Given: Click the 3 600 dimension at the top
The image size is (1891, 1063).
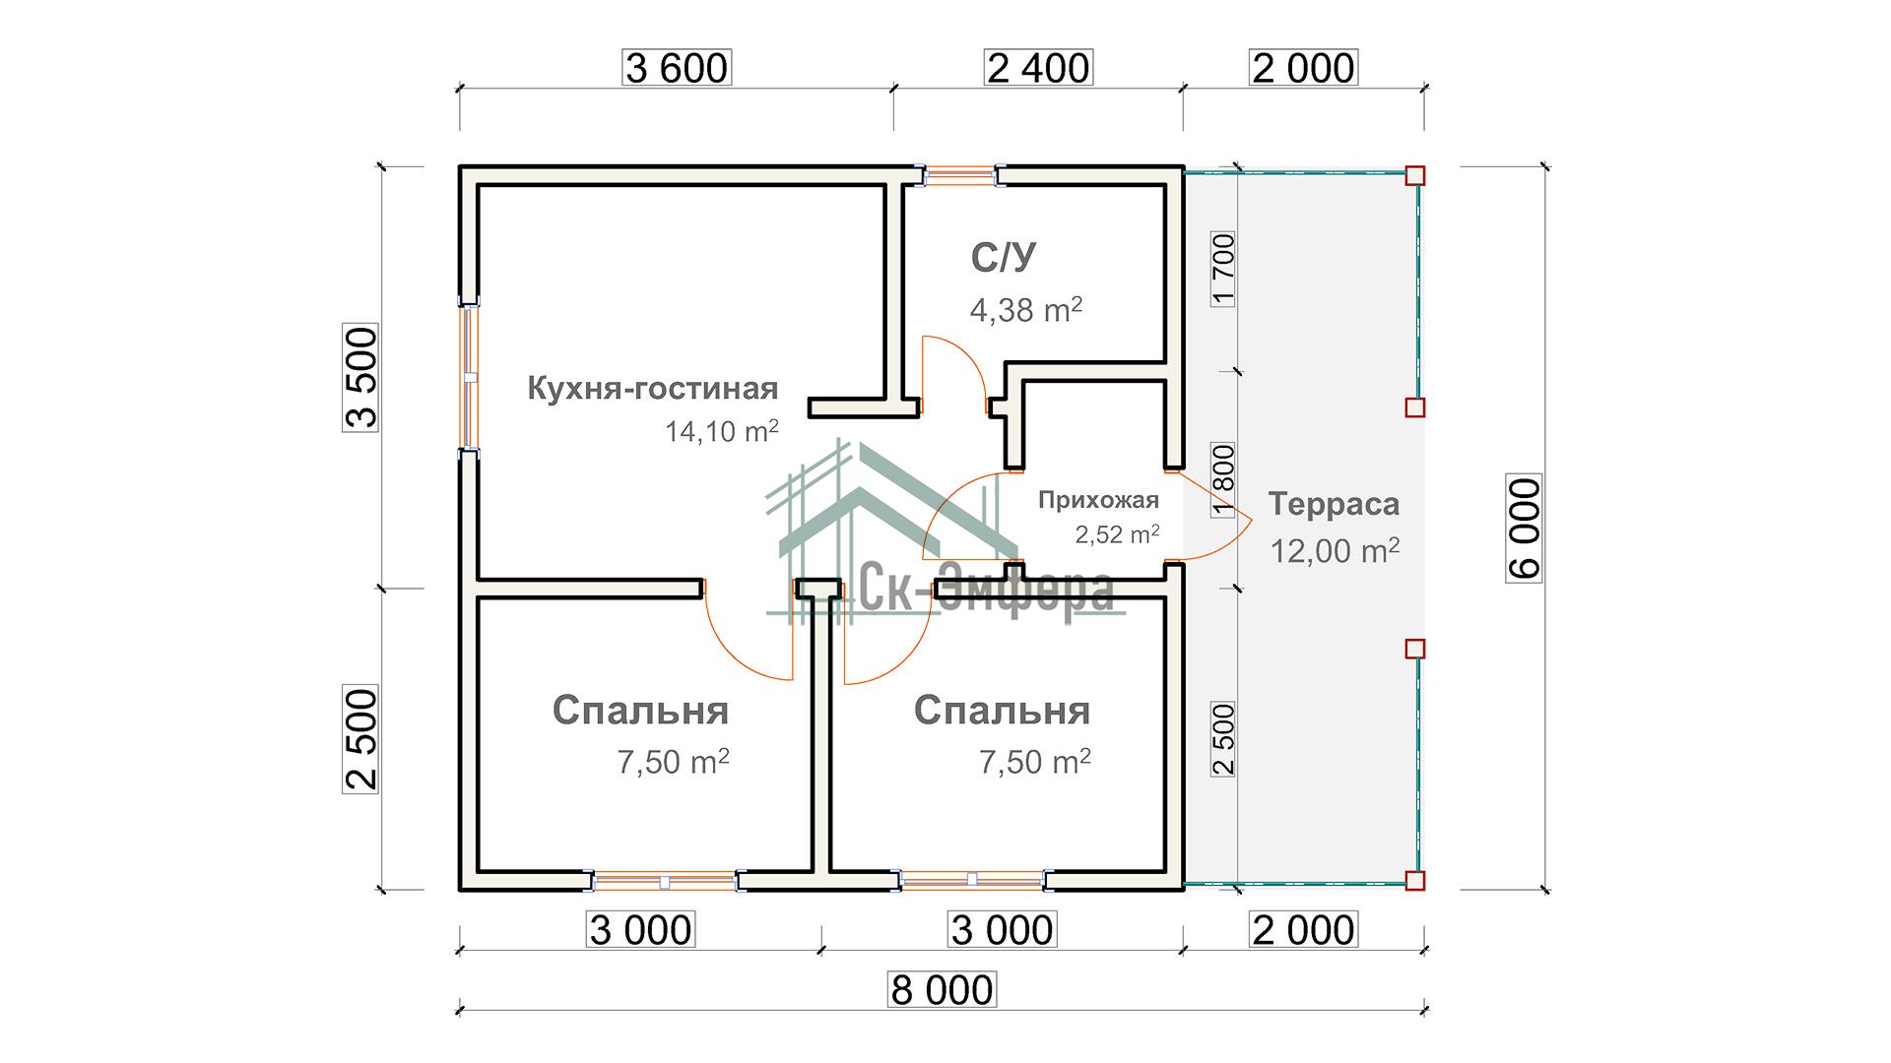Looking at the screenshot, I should pyautogui.click(x=678, y=68).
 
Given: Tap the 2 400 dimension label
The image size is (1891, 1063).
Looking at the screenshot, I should pyautogui.click(x=1038, y=68).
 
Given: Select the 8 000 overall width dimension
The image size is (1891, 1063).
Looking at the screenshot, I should pyautogui.click(x=942, y=989).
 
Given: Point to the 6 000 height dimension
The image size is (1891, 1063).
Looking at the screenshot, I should pyautogui.click(x=1524, y=529).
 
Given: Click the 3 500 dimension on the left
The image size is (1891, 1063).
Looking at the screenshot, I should pyautogui.click(x=361, y=378).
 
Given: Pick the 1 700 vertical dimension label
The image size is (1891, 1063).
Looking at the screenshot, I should pyautogui.click(x=1223, y=269).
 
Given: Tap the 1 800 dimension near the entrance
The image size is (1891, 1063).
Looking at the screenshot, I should pyautogui.click(x=1223, y=479).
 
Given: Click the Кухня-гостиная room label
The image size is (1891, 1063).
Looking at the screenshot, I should pyautogui.click(x=653, y=388).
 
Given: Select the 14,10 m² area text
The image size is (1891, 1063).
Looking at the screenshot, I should pyautogui.click(x=721, y=431).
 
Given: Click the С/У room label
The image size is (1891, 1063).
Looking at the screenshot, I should pyautogui.click(x=1004, y=258).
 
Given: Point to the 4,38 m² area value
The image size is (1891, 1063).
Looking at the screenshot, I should pyautogui.click(x=1025, y=310).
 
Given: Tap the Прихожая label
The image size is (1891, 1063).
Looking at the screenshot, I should pyautogui.click(x=1098, y=500).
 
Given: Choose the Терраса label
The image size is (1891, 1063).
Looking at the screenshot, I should pyautogui.click(x=1334, y=504).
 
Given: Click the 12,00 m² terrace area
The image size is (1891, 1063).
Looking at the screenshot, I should pyautogui.click(x=1334, y=550).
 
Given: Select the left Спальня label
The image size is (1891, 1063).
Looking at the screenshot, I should pyautogui.click(x=640, y=711).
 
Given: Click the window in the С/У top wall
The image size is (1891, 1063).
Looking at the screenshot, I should pyautogui.click(x=961, y=176).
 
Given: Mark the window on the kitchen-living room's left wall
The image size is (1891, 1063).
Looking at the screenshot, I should pyautogui.click(x=470, y=377).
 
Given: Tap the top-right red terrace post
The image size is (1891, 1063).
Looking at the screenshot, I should pyautogui.click(x=1414, y=176).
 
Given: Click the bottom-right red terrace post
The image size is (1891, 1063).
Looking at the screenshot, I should pyautogui.click(x=1414, y=880).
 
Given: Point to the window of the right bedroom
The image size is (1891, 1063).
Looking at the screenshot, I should pyautogui.click(x=972, y=880).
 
